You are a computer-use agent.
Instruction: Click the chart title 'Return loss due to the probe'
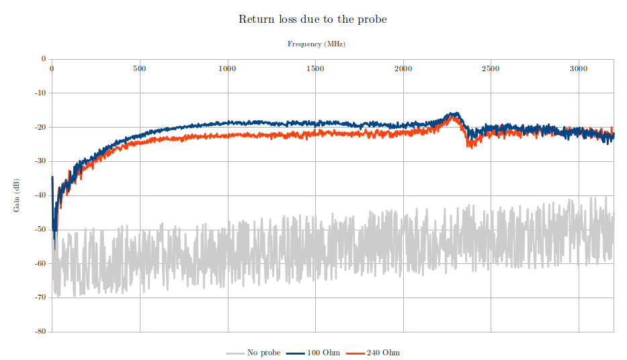[312, 19]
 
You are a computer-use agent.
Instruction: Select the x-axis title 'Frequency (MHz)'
[316, 44]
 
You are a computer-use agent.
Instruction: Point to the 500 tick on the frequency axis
[139, 69]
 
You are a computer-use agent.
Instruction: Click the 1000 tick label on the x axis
[227, 69]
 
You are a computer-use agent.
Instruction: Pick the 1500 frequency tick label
[315, 69]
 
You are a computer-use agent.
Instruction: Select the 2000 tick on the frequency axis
[403, 69]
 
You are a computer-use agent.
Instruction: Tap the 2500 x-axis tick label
[491, 69]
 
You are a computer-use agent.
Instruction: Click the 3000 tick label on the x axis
[579, 69]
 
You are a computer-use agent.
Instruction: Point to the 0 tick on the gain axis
[43, 59]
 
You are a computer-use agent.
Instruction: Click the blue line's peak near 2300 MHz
[455, 114]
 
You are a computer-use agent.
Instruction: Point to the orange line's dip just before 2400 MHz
[469, 146]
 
